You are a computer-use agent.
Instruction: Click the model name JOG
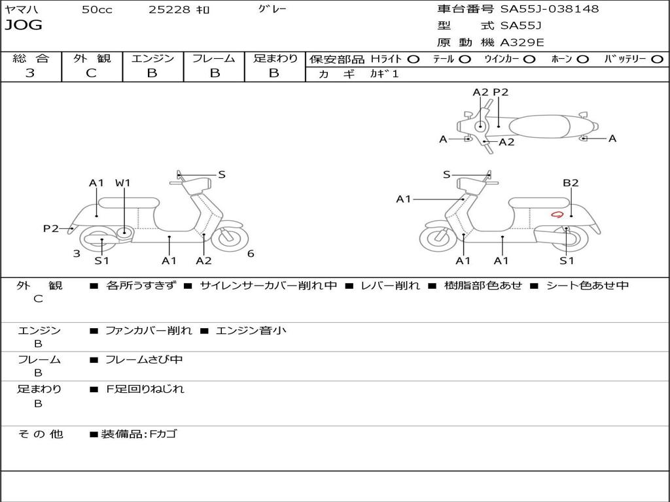point(24,25)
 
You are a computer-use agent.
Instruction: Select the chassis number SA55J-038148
point(550,9)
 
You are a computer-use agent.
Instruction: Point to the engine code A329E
point(521,42)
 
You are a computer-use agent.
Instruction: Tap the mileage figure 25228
point(169,9)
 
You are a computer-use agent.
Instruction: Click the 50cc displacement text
point(97,9)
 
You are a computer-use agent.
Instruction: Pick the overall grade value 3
point(30,73)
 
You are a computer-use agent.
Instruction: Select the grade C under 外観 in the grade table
point(91,73)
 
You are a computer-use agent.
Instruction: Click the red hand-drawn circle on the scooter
point(557,214)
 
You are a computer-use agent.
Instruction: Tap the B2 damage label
point(571,183)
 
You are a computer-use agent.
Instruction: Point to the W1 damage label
point(122,183)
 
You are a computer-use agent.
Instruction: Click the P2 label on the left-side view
point(51,228)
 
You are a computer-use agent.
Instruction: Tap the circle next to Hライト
point(414,59)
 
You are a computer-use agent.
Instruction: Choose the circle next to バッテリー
point(657,59)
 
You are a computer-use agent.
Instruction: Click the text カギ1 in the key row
point(384,74)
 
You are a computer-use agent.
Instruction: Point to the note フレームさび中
point(144,360)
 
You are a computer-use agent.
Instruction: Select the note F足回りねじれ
point(145,389)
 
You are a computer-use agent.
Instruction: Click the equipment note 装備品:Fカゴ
point(139,434)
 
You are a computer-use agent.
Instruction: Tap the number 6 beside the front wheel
point(251,254)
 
